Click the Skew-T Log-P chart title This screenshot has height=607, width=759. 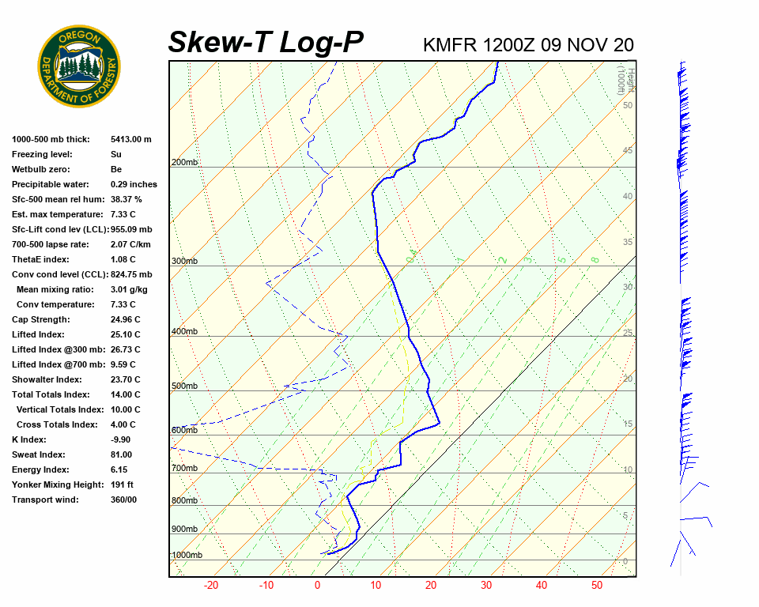click(266, 42)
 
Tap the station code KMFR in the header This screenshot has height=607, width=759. click(450, 44)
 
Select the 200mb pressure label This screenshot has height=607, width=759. click(184, 163)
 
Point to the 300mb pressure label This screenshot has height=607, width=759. click(184, 261)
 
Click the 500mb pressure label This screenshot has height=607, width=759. click(184, 386)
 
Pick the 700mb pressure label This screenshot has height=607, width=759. click(184, 469)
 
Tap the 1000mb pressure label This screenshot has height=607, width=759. click(187, 556)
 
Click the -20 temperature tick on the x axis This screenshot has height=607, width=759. click(211, 586)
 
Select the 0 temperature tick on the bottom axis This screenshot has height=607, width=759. click(317, 586)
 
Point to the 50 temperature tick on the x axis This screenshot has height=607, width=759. click(596, 586)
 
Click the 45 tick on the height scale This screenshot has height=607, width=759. click(627, 151)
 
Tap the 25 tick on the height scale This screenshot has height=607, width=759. click(627, 334)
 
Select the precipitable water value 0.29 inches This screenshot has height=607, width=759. click(134, 184)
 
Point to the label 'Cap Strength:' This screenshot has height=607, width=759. click(41, 319)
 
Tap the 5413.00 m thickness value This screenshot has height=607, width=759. click(130, 139)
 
